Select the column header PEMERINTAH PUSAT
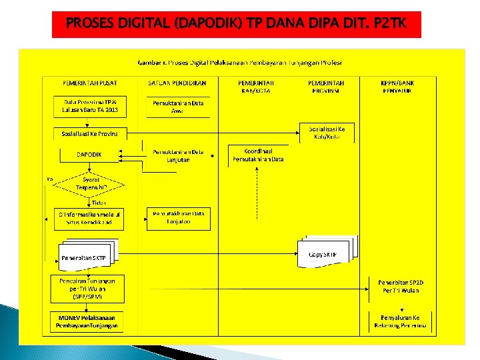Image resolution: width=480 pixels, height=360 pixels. (90, 83)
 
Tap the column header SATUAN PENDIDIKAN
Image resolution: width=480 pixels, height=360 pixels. (177, 83)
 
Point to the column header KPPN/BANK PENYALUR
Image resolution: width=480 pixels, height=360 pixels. (398, 86)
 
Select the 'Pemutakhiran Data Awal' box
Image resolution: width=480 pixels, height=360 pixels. (178, 107)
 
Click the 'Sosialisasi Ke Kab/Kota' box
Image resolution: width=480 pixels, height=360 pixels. (327, 132)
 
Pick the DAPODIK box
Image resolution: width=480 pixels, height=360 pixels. (89, 155)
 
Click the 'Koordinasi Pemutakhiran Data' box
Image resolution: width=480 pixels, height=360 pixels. (259, 155)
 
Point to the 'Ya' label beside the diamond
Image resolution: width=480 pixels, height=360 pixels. (50, 179)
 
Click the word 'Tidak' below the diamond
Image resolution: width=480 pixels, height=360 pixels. (99, 202)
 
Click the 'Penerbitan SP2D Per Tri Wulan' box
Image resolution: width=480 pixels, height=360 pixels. (401, 287)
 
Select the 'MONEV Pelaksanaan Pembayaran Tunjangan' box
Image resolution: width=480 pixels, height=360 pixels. (87, 322)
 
